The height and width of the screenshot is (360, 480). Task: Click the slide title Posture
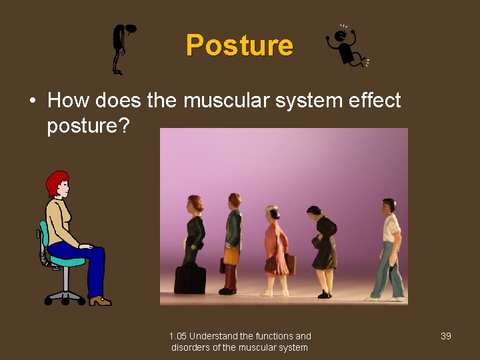(239, 45)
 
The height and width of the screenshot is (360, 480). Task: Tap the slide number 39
(446, 336)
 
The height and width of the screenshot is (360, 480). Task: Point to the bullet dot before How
(32, 101)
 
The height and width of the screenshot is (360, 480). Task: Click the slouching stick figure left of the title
(123, 48)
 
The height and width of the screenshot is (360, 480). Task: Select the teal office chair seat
(67, 261)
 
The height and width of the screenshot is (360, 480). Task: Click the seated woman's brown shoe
(100, 301)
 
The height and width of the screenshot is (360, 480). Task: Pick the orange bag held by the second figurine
(231, 255)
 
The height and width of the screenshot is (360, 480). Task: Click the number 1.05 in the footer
(178, 336)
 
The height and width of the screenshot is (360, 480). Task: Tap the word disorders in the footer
(191, 347)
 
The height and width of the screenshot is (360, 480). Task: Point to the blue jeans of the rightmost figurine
(390, 270)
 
